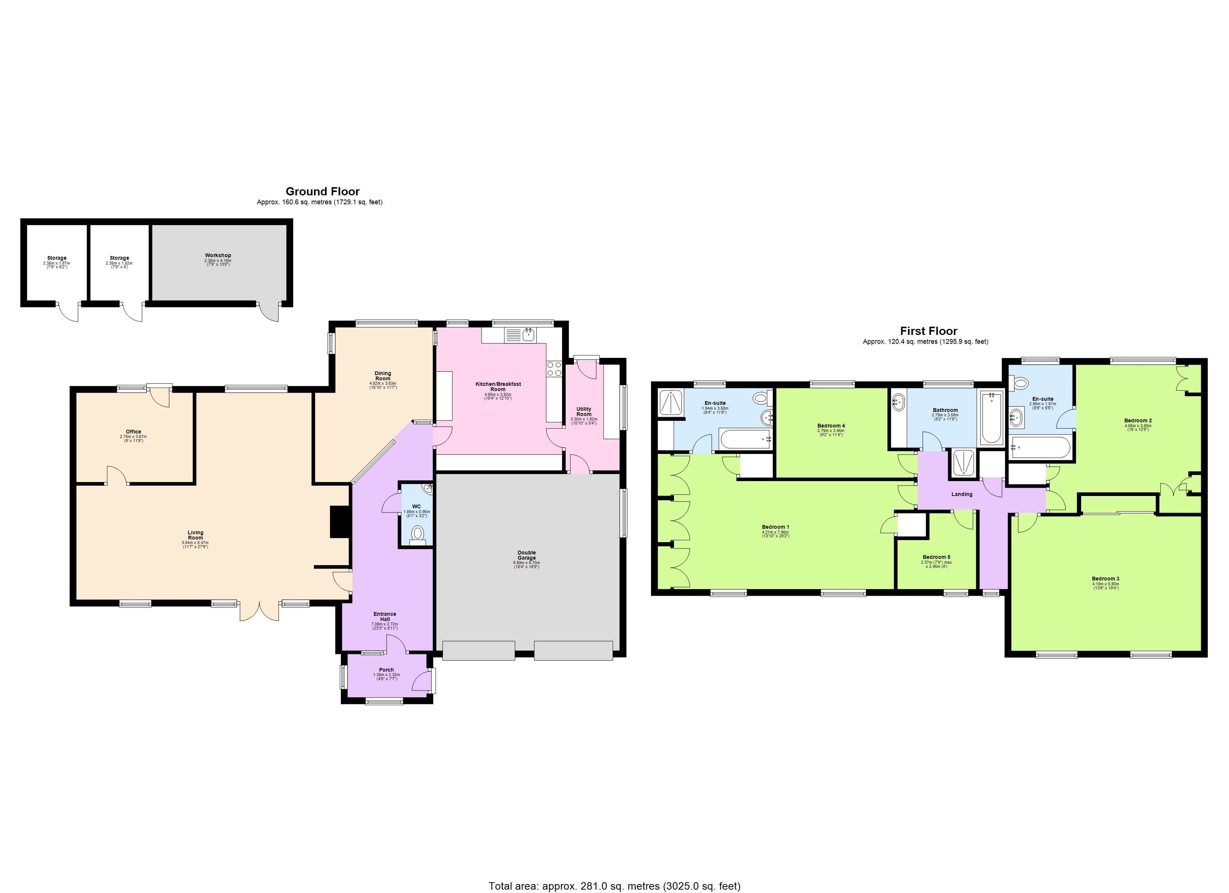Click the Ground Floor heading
(x=323, y=191)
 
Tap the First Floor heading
(x=928, y=331)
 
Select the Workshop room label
(x=218, y=255)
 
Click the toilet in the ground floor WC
(x=417, y=534)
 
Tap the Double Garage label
(x=526, y=555)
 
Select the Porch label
(x=386, y=670)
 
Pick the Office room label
(x=133, y=432)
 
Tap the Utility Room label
(x=584, y=412)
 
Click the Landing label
(x=962, y=494)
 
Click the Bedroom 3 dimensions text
(x=1105, y=585)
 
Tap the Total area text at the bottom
(x=614, y=886)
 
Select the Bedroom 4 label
(x=831, y=426)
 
